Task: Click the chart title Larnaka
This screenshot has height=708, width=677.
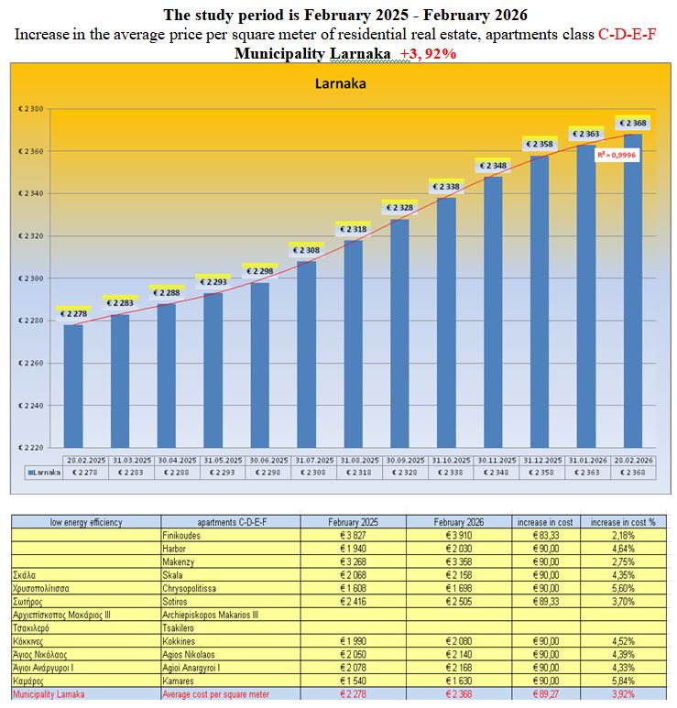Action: click(341, 85)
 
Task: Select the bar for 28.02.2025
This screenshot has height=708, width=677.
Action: click(73, 385)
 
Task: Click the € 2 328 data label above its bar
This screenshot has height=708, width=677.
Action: click(399, 208)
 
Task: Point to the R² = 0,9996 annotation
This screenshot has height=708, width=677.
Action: click(617, 156)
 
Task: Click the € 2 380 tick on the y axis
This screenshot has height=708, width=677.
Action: click(31, 109)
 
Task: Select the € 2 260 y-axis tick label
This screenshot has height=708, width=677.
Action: click(31, 363)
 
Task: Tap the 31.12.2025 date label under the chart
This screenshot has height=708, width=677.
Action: click(540, 460)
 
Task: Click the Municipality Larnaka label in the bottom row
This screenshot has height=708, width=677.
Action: click(47, 694)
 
